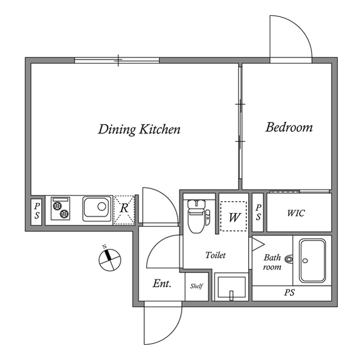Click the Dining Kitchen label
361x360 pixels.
tap(139, 130)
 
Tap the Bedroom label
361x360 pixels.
tap(289, 127)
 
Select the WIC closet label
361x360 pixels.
tap(296, 213)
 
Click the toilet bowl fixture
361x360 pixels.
tap(196, 216)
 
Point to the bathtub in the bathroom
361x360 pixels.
tap(312, 260)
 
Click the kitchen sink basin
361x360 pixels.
tap(96, 209)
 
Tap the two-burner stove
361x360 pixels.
tap(60, 208)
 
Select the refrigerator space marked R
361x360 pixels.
tap(124, 210)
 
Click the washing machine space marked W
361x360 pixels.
tap(234, 216)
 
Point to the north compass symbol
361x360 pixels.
tap(109, 259)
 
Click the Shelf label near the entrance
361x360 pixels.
tap(196, 286)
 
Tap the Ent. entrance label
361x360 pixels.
tap(162, 284)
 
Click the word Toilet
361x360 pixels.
tap(215, 255)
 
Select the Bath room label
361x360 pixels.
tap(272, 262)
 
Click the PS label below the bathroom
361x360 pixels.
tap(289, 292)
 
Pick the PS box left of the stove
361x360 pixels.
tap(36, 212)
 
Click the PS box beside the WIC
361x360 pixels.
tap(258, 212)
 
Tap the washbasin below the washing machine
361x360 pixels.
tap(231, 287)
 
